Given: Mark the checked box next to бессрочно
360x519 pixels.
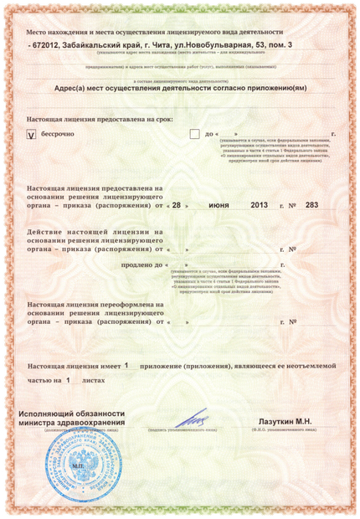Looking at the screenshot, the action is pyautogui.click(x=33, y=134).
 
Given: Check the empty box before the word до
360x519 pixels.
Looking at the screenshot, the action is pyautogui.click(x=195, y=134).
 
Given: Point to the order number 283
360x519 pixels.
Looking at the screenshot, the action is pyautogui.click(x=311, y=204).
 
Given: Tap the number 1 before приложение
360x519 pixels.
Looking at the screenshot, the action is pyautogui.click(x=126, y=365).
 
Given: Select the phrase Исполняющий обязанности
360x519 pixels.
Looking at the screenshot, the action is pyautogui.click(x=72, y=414).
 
